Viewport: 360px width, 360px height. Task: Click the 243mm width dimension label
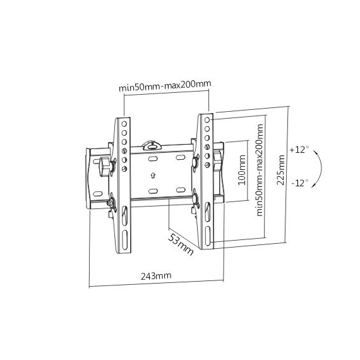156,275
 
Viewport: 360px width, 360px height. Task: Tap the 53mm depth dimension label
181,244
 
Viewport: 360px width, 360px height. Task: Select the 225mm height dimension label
281,170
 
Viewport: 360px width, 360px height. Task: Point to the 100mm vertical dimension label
241,170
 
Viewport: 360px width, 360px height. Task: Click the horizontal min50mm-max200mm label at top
165,85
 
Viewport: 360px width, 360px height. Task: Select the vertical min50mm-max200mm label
260,170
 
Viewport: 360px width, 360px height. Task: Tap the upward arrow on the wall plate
153,176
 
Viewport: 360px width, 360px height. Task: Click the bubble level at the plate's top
152,145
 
